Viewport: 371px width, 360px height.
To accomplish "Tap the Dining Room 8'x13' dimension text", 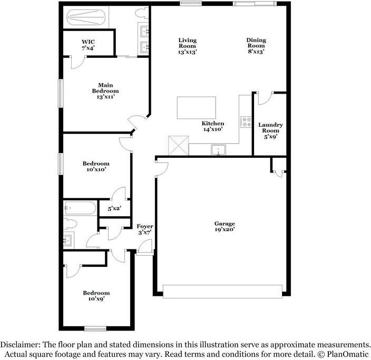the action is pyautogui.click(x=256, y=52).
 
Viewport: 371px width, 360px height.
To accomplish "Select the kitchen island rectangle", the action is pyautogui.click(x=197, y=107).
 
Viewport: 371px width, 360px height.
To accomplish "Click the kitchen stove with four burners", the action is pyautogui.click(x=246, y=122).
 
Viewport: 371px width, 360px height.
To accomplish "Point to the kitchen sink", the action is pyautogui.click(x=218, y=149).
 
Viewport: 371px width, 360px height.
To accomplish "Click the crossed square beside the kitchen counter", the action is pyautogui.click(x=179, y=145).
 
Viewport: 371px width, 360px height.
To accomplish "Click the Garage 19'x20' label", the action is pyautogui.click(x=224, y=226).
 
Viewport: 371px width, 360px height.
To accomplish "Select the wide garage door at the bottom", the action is pyautogui.click(x=222, y=292).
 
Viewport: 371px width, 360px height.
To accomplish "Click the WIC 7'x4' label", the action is pyautogui.click(x=88, y=45).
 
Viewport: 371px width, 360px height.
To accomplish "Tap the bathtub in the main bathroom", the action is pyautogui.click(x=86, y=17).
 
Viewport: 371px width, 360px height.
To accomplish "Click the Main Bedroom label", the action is pyautogui.click(x=105, y=91).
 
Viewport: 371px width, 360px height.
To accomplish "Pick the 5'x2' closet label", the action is pyautogui.click(x=114, y=208).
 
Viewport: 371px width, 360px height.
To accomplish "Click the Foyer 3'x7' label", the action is pyautogui.click(x=145, y=229).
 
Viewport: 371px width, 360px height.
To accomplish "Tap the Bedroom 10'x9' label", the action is pyautogui.click(x=96, y=296).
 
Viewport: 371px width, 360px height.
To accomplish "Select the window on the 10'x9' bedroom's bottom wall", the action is pyautogui.click(x=95, y=328).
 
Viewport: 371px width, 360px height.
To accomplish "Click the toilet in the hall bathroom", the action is pyautogui.click(x=70, y=223).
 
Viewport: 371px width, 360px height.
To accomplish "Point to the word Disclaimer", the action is pyautogui.click(x=21, y=344).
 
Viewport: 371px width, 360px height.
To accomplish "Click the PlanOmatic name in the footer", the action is pyautogui.click(x=348, y=354).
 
